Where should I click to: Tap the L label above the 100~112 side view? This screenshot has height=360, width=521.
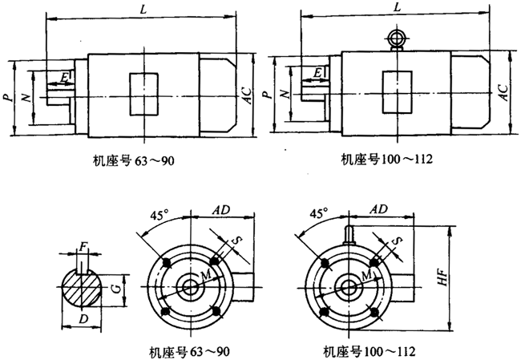[398, 6]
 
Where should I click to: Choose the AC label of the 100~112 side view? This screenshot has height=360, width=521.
[503, 91]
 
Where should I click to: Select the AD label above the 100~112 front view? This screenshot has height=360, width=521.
[380, 208]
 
